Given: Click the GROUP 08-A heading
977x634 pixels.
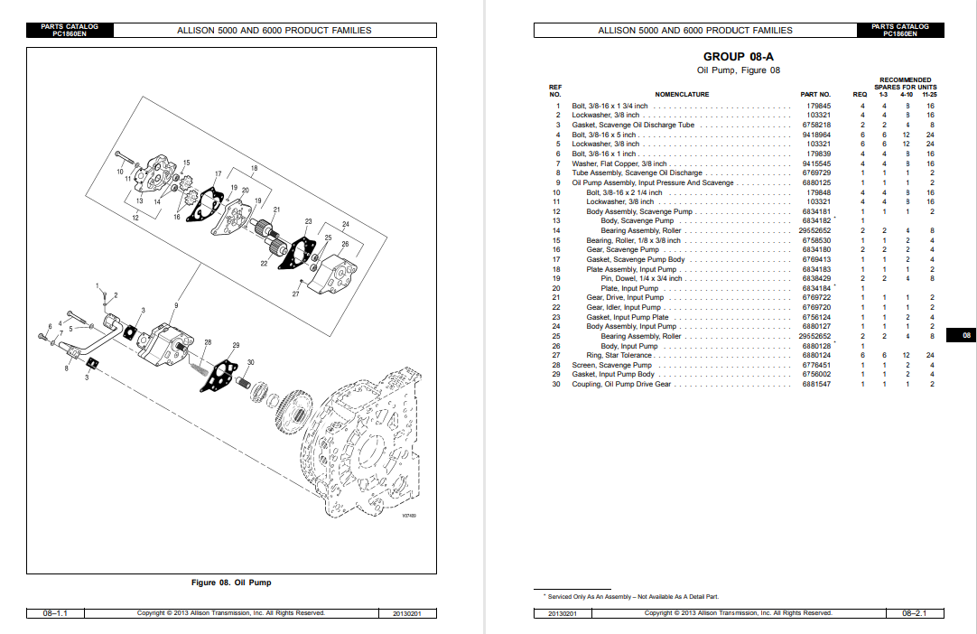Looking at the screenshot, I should click(x=739, y=57).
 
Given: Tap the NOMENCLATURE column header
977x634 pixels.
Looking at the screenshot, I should click(x=682, y=94).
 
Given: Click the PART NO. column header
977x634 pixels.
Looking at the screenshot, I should click(x=815, y=94).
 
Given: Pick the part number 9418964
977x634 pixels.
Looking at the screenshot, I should click(x=817, y=135).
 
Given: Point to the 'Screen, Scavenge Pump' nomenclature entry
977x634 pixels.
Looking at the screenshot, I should click(x=611, y=365).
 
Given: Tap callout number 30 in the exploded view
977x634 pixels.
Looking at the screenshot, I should click(x=251, y=362).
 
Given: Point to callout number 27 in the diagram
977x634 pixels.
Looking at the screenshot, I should click(x=295, y=294).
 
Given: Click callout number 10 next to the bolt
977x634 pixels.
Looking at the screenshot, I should click(x=119, y=171).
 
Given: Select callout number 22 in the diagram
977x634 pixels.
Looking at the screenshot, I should click(x=265, y=263).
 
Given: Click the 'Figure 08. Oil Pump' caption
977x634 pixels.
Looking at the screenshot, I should click(x=231, y=583).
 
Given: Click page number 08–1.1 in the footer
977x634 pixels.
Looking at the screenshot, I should click(x=55, y=613).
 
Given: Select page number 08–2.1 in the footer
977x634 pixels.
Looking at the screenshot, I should click(x=921, y=613).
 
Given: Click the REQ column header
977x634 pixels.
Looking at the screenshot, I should click(x=860, y=94).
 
